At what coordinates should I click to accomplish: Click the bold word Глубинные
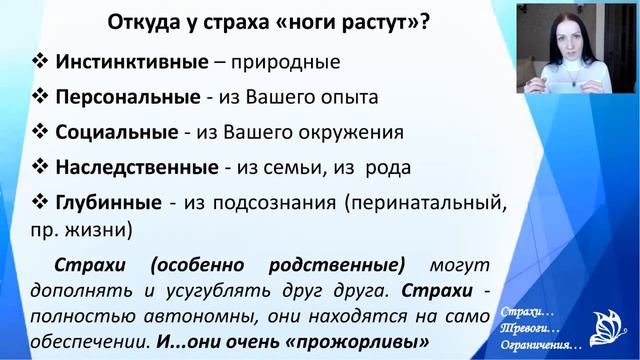[x=109, y=202]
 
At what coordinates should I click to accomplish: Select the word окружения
[x=351, y=132]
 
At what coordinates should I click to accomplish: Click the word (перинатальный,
[x=421, y=202]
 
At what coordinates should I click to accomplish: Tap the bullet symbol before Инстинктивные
[x=41, y=62]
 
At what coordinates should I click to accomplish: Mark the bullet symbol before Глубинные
[x=41, y=202]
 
